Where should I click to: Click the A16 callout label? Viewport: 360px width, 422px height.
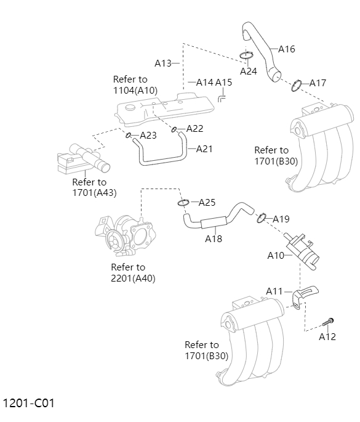[x=287, y=49]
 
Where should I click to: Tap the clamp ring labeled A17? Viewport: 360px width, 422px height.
[x=296, y=84]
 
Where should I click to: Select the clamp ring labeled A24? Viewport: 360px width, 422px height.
[x=246, y=57]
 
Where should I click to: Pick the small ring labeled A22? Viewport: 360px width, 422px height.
[x=175, y=129]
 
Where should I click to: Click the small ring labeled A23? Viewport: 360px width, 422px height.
[x=129, y=136]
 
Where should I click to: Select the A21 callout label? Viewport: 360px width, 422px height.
[x=204, y=148]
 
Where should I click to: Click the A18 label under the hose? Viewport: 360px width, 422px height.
[x=214, y=238]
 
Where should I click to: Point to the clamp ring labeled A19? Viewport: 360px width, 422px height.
[x=261, y=217]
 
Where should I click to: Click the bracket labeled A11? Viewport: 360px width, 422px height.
[x=303, y=296]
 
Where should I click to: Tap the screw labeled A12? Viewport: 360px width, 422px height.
[x=329, y=322]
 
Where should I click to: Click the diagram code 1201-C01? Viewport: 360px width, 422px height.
[x=29, y=404]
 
